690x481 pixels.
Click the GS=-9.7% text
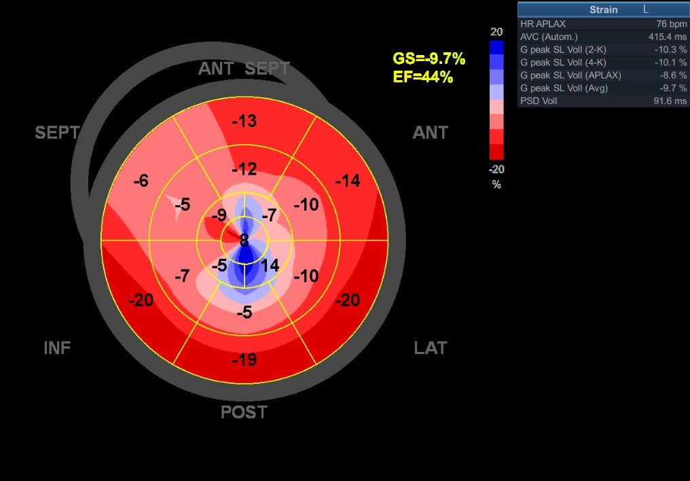429,60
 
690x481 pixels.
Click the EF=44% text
422,77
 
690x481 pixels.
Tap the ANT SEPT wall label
244,69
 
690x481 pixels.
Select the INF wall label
57,349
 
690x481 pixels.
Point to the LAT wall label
430,349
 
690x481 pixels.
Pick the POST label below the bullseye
244,412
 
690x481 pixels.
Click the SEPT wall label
57,132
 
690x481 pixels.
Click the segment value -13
244,122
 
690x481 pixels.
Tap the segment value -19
244,359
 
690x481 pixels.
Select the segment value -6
141,181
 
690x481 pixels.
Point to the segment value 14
270,266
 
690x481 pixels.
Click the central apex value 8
244,240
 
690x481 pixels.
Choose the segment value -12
244,169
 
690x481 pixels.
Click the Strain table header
603,10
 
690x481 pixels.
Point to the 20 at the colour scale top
496,32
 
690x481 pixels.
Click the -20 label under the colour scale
496,169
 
